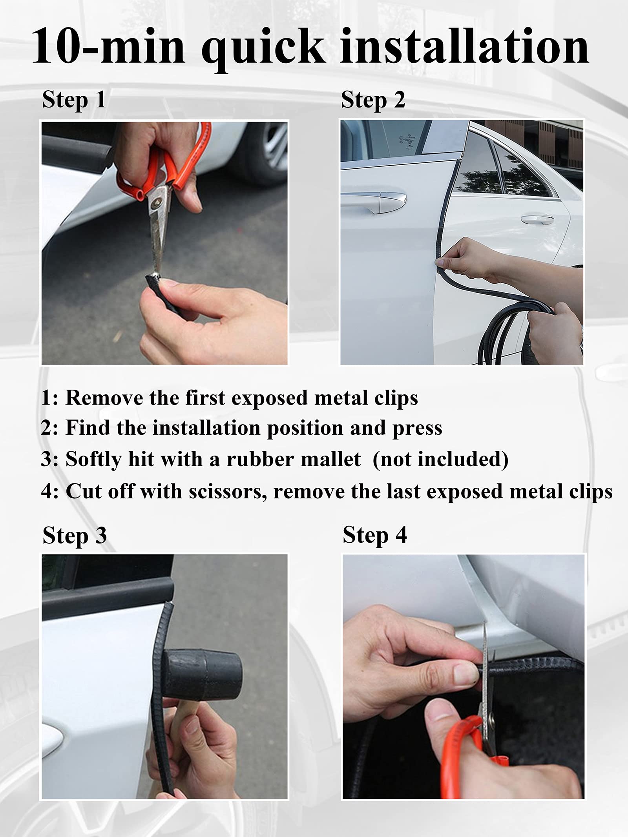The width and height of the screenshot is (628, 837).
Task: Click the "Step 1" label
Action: pos(74,100)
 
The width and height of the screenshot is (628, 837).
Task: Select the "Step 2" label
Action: pos(373,100)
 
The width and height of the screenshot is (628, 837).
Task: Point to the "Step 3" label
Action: pos(75,536)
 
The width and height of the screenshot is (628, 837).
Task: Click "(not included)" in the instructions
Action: pos(440,459)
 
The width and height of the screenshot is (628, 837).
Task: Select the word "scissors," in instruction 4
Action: pos(228,491)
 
